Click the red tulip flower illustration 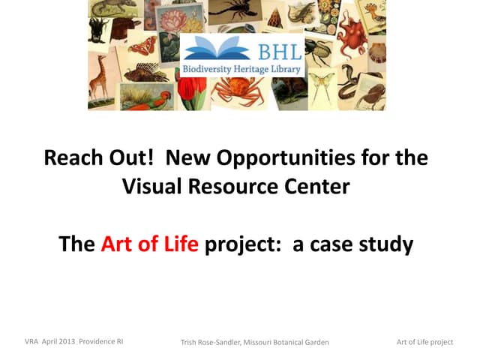coord(191,91)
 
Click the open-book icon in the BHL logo coord(217,48)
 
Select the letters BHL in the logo coord(280,52)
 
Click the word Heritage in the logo coord(251,69)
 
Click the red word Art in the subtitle coord(117,244)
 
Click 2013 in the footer coord(67,341)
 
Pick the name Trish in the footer coord(188,342)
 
